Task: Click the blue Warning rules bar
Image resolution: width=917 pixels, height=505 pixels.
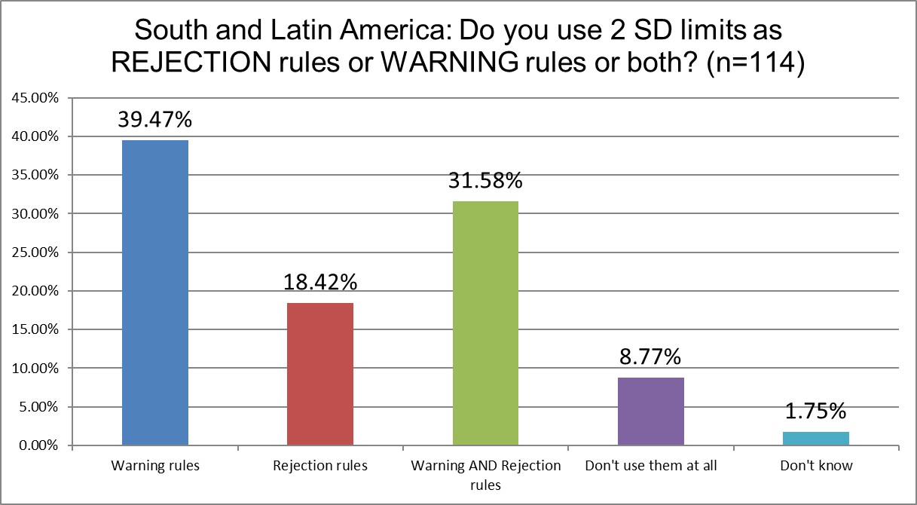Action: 154,292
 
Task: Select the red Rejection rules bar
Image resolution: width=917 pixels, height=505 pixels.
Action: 320,374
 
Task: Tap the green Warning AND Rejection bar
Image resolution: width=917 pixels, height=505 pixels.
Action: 485,323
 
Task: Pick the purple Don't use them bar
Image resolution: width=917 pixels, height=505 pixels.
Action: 651,412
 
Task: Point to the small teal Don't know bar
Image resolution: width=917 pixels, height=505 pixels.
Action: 816,439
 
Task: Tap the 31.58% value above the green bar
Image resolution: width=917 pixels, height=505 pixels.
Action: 486,182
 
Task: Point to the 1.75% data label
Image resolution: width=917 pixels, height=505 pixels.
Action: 817,412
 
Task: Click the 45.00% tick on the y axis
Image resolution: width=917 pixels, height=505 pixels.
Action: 33,98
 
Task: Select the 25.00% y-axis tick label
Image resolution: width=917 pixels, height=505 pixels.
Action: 33,252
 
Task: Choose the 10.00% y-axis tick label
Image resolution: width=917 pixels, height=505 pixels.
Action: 33,369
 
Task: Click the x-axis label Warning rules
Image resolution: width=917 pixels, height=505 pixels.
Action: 154,466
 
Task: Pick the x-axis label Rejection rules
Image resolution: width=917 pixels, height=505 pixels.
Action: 320,466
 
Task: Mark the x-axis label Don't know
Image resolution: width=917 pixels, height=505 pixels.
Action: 817,466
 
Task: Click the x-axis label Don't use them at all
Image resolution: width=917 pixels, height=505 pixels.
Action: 651,466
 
